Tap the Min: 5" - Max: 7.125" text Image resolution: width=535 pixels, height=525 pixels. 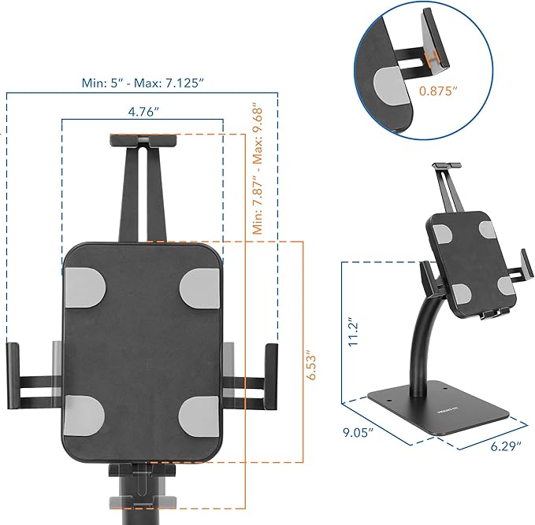(x=143, y=81)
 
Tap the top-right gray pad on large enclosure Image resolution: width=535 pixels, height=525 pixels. (x=201, y=286)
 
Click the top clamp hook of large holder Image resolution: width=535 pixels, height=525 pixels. (x=143, y=142)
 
